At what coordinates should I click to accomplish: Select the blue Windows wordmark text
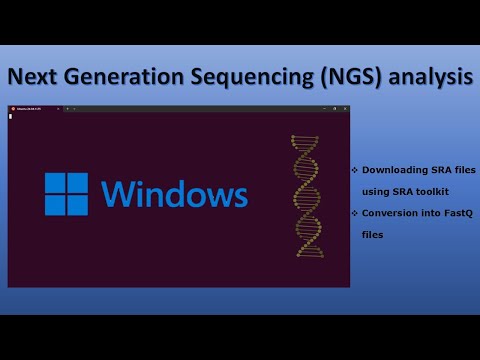[x=174, y=195]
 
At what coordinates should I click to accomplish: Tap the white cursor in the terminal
[x=10, y=116]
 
